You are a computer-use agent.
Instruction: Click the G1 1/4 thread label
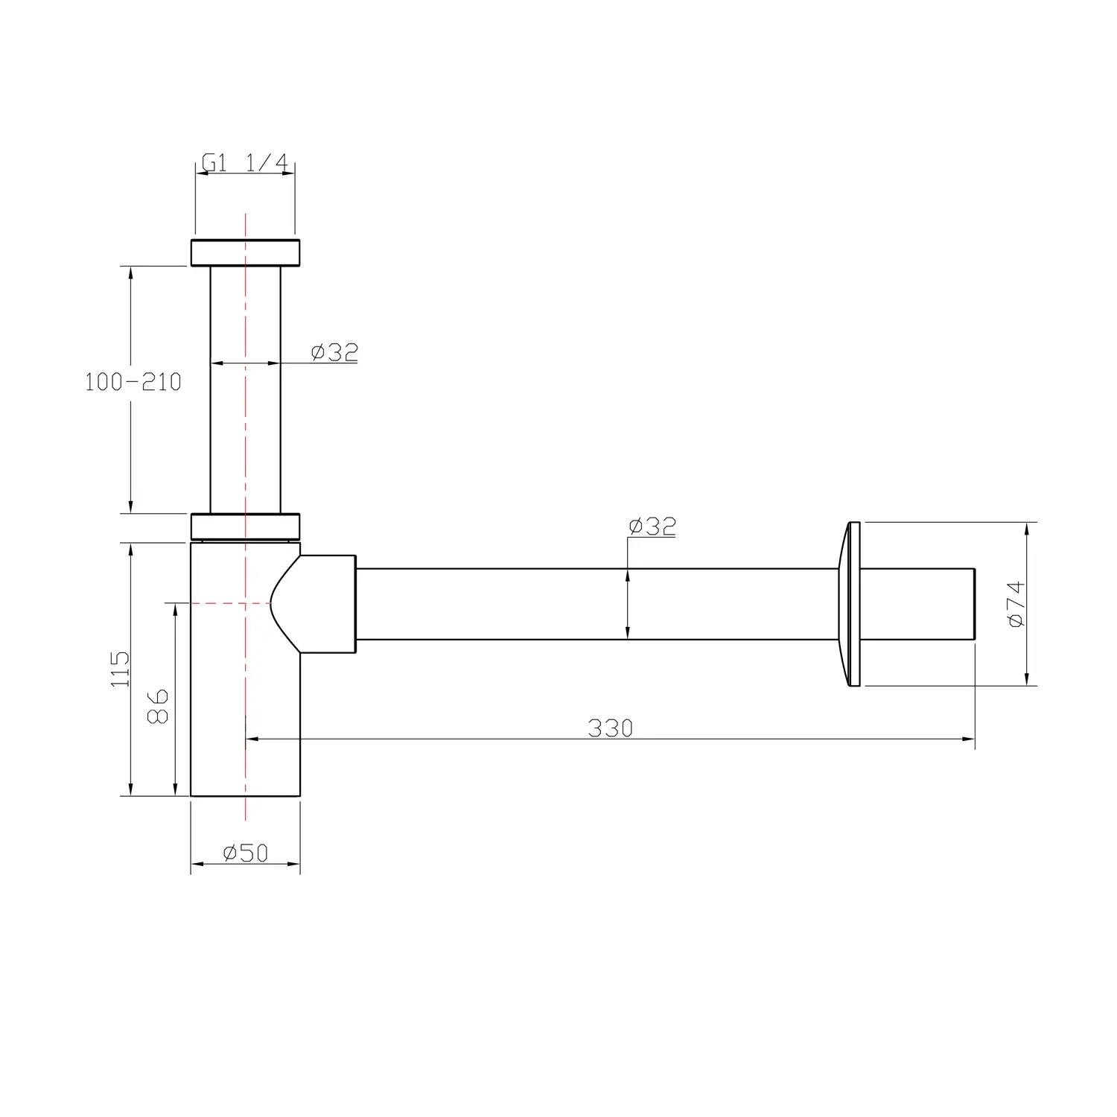pyautogui.click(x=245, y=163)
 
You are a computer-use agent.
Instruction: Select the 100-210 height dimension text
pyautogui.click(x=133, y=382)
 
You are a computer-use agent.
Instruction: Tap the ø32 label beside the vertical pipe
pyautogui.click(x=334, y=352)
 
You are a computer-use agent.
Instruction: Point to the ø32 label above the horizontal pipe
pyautogui.click(x=652, y=526)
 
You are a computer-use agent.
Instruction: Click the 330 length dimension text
pyautogui.click(x=611, y=728)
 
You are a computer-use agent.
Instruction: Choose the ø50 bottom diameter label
pyautogui.click(x=245, y=853)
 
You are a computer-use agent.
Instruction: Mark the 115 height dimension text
pyautogui.click(x=120, y=669)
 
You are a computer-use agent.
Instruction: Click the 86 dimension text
pyautogui.click(x=159, y=706)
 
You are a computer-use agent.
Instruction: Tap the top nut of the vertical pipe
pyautogui.click(x=245, y=252)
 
